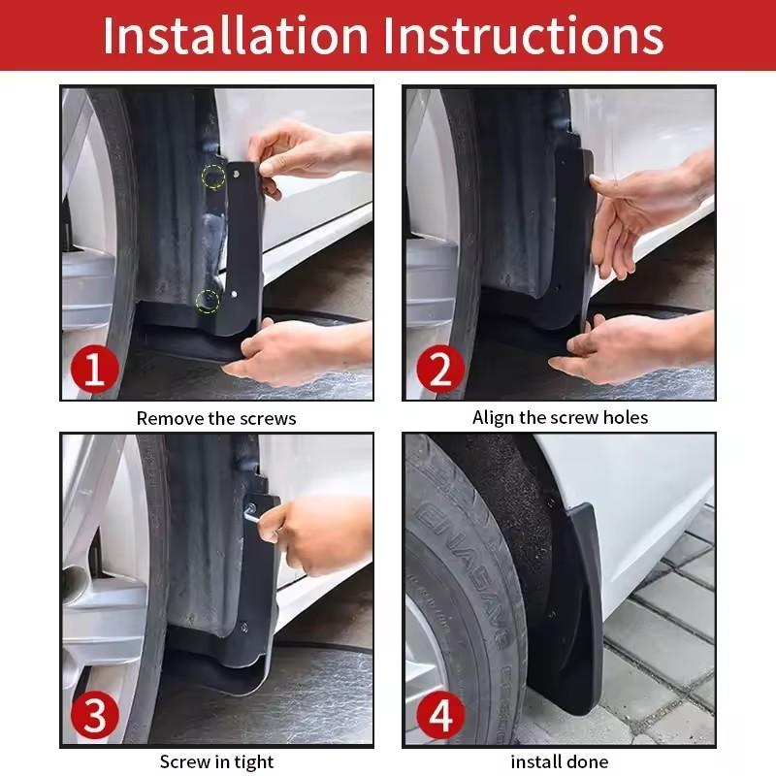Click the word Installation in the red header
click(x=236, y=35)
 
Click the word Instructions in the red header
click(x=524, y=35)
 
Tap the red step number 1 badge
click(x=95, y=370)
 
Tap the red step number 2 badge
click(x=439, y=370)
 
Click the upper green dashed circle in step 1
click(x=211, y=177)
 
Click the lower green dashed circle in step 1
click(x=207, y=301)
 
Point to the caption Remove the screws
click(x=216, y=419)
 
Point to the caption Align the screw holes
click(x=560, y=418)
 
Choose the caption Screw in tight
click(x=216, y=761)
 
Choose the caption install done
click(x=560, y=762)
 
